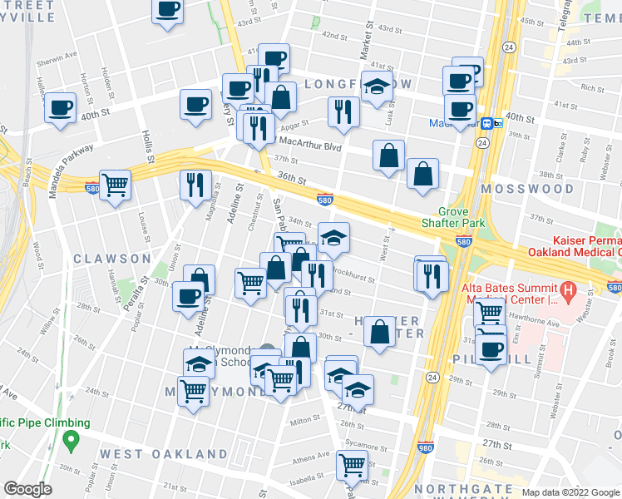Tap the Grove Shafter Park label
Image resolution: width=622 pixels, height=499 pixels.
pyautogui.click(x=454, y=217)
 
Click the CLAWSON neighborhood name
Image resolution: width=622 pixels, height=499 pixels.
pyautogui.click(x=111, y=259)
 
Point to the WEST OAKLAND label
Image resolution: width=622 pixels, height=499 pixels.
pyautogui.click(x=163, y=454)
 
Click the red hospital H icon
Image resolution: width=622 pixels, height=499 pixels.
pyautogui.click(x=569, y=291)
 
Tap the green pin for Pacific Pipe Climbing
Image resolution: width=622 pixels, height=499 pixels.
pyautogui.click(x=72, y=437)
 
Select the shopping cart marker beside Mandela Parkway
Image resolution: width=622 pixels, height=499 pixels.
pyautogui.click(x=115, y=184)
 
